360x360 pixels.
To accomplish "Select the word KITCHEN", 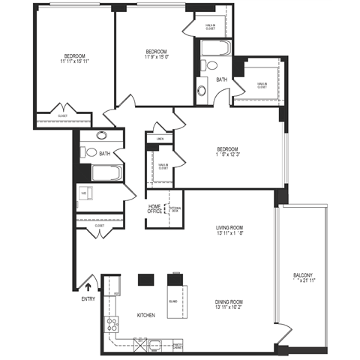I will (145, 316).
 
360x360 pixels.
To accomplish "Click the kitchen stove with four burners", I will (113, 325).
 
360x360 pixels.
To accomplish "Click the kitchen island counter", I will (174, 301).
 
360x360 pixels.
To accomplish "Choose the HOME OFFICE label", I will (156, 209).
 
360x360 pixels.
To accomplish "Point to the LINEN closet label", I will (160, 139).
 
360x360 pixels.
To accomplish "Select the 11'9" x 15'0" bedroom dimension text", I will (157, 56).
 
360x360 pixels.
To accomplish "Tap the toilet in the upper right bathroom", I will (201, 91).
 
